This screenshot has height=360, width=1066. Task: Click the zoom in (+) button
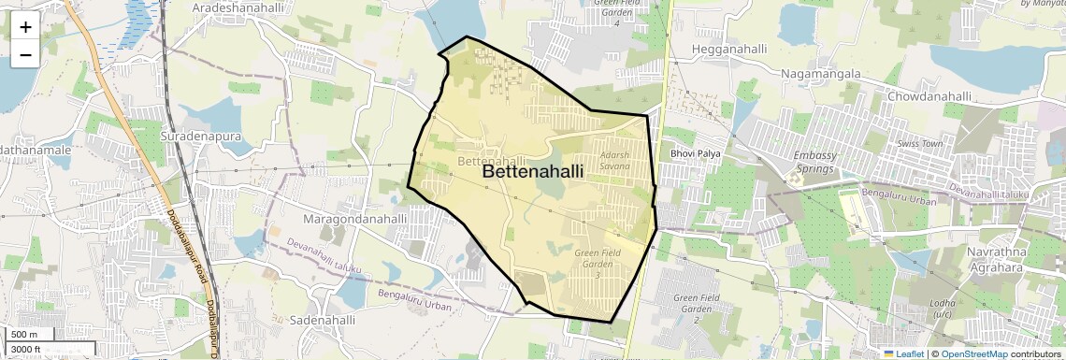(x=25, y=27)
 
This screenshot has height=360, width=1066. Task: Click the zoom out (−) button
(x=25, y=55)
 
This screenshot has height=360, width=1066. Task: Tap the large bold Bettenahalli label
(x=532, y=172)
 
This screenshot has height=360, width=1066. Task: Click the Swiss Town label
(x=920, y=145)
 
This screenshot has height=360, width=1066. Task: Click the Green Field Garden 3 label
(x=598, y=263)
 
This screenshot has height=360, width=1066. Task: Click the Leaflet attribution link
(x=905, y=354)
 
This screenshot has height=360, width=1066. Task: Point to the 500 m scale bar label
(x=24, y=335)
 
